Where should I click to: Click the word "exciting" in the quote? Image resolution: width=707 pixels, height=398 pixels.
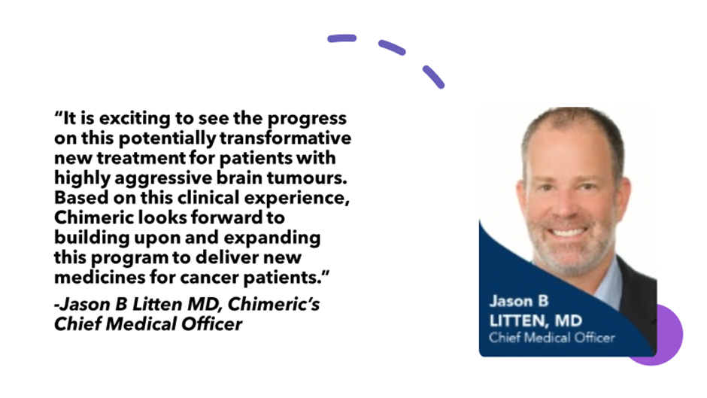click(135, 118)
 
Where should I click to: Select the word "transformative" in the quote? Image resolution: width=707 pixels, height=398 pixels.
click(285, 138)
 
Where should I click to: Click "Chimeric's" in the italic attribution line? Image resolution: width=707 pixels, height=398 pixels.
click(274, 304)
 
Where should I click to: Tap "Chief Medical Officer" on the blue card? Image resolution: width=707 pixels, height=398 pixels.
click(552, 338)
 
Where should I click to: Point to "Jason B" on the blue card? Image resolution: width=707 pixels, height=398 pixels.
click(519, 301)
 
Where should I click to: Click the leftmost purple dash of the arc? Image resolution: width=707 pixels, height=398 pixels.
click(341, 38)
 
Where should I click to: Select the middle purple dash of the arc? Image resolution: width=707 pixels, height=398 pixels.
click(391, 47)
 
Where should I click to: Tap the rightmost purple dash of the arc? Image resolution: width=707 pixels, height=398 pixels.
click(433, 77)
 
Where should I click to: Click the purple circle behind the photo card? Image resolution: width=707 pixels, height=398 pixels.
click(669, 334)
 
